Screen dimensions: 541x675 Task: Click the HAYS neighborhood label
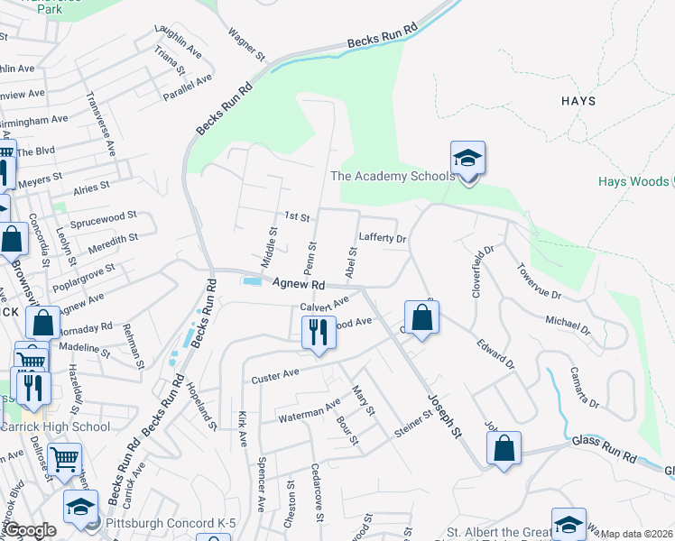tap(578, 101)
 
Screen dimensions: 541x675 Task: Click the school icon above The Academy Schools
tap(467, 160)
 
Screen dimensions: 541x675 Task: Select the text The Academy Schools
tap(393, 176)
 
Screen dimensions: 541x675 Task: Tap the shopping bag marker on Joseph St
tap(421, 318)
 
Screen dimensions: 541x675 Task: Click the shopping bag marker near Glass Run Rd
tap(504, 449)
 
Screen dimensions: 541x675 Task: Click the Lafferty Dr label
tap(384, 238)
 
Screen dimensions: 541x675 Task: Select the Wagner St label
tap(246, 43)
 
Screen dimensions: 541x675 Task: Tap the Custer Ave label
tap(275, 374)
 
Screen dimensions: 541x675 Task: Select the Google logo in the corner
tap(31, 531)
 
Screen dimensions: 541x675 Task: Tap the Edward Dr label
tap(495, 353)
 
